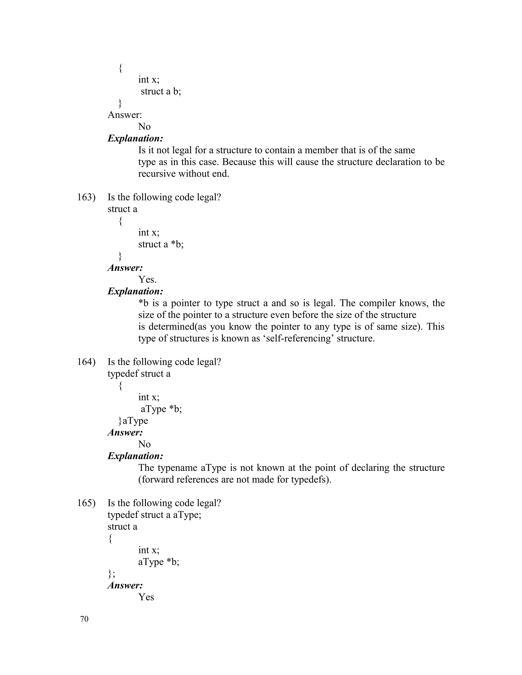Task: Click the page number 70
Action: (84, 619)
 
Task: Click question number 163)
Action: (86, 197)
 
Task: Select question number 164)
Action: (86, 362)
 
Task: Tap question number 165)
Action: (86, 503)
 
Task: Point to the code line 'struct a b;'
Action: (161, 91)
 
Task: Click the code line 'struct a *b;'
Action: (161, 244)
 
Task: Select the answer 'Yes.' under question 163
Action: (147, 280)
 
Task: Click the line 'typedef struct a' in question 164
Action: (139, 374)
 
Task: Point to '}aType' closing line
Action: (133, 421)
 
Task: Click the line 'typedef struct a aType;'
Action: (154, 515)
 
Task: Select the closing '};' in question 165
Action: (111, 573)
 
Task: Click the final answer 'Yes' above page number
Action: (146, 597)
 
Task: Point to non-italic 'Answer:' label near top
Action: (125, 115)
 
